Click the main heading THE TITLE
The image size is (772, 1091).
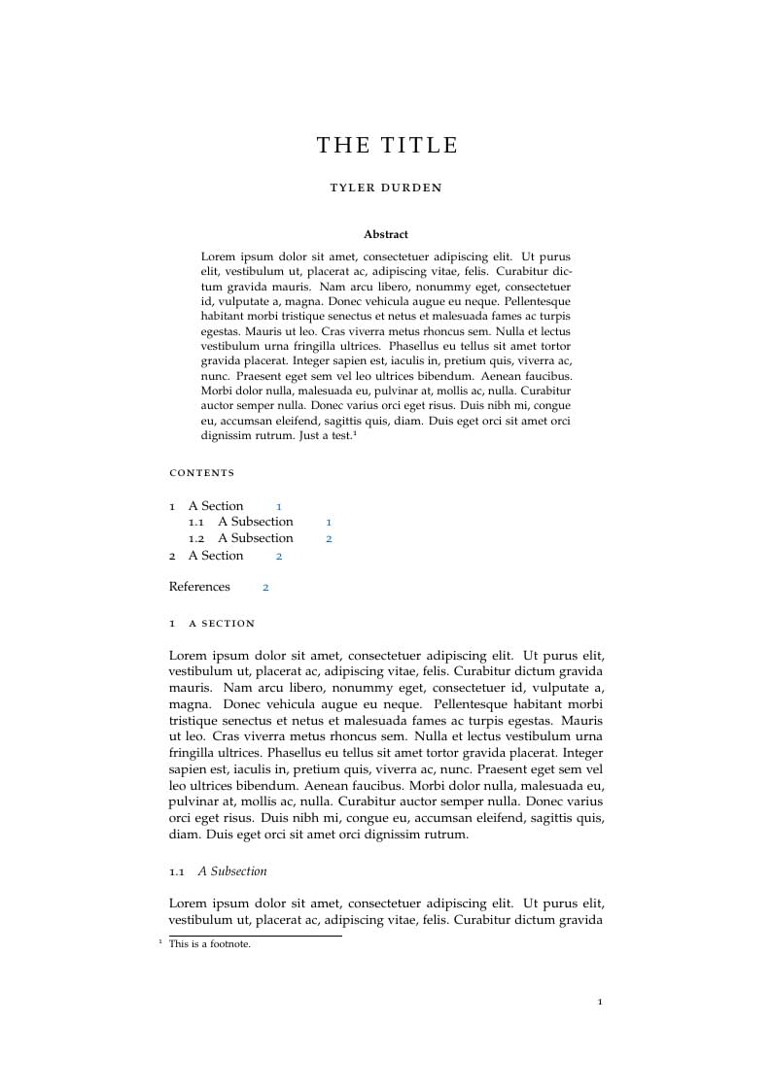386,146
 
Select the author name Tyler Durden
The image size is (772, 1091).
386,188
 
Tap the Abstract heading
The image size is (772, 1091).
386,234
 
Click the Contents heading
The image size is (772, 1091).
202,473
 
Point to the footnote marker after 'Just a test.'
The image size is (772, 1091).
355,433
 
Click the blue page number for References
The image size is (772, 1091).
265,587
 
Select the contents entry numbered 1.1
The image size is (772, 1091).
240,522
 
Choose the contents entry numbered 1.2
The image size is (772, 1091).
240,538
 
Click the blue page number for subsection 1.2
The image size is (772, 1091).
329,538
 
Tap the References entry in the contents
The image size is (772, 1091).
199,587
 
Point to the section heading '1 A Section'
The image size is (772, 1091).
212,624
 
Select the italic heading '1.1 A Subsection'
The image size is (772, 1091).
218,871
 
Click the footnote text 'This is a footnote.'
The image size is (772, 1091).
210,944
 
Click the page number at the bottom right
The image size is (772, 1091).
600,1002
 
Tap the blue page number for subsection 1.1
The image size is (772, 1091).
329,522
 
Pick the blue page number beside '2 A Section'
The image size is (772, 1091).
279,556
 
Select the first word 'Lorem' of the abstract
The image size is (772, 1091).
219,256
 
